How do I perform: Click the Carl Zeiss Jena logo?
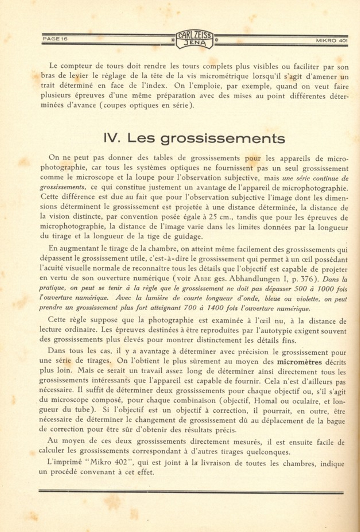coord(194,39)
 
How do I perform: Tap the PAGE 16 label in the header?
coord(55,39)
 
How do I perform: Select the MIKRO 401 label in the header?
coord(332,41)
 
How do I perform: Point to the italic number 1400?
coord(217,308)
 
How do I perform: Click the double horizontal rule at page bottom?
coord(191,492)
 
